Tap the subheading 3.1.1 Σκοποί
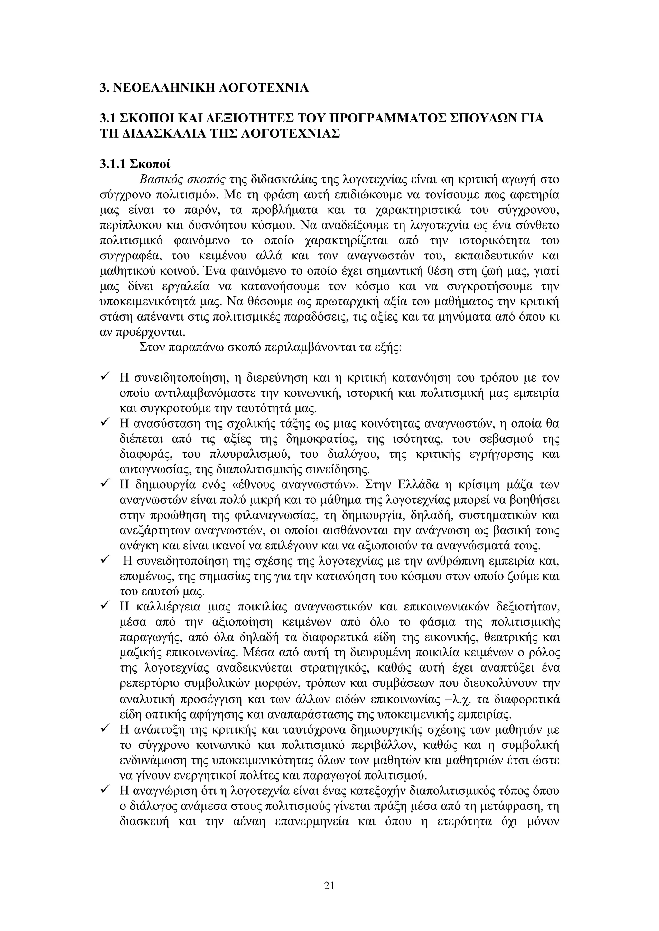(x=135, y=164)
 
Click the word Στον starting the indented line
(x=151, y=348)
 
